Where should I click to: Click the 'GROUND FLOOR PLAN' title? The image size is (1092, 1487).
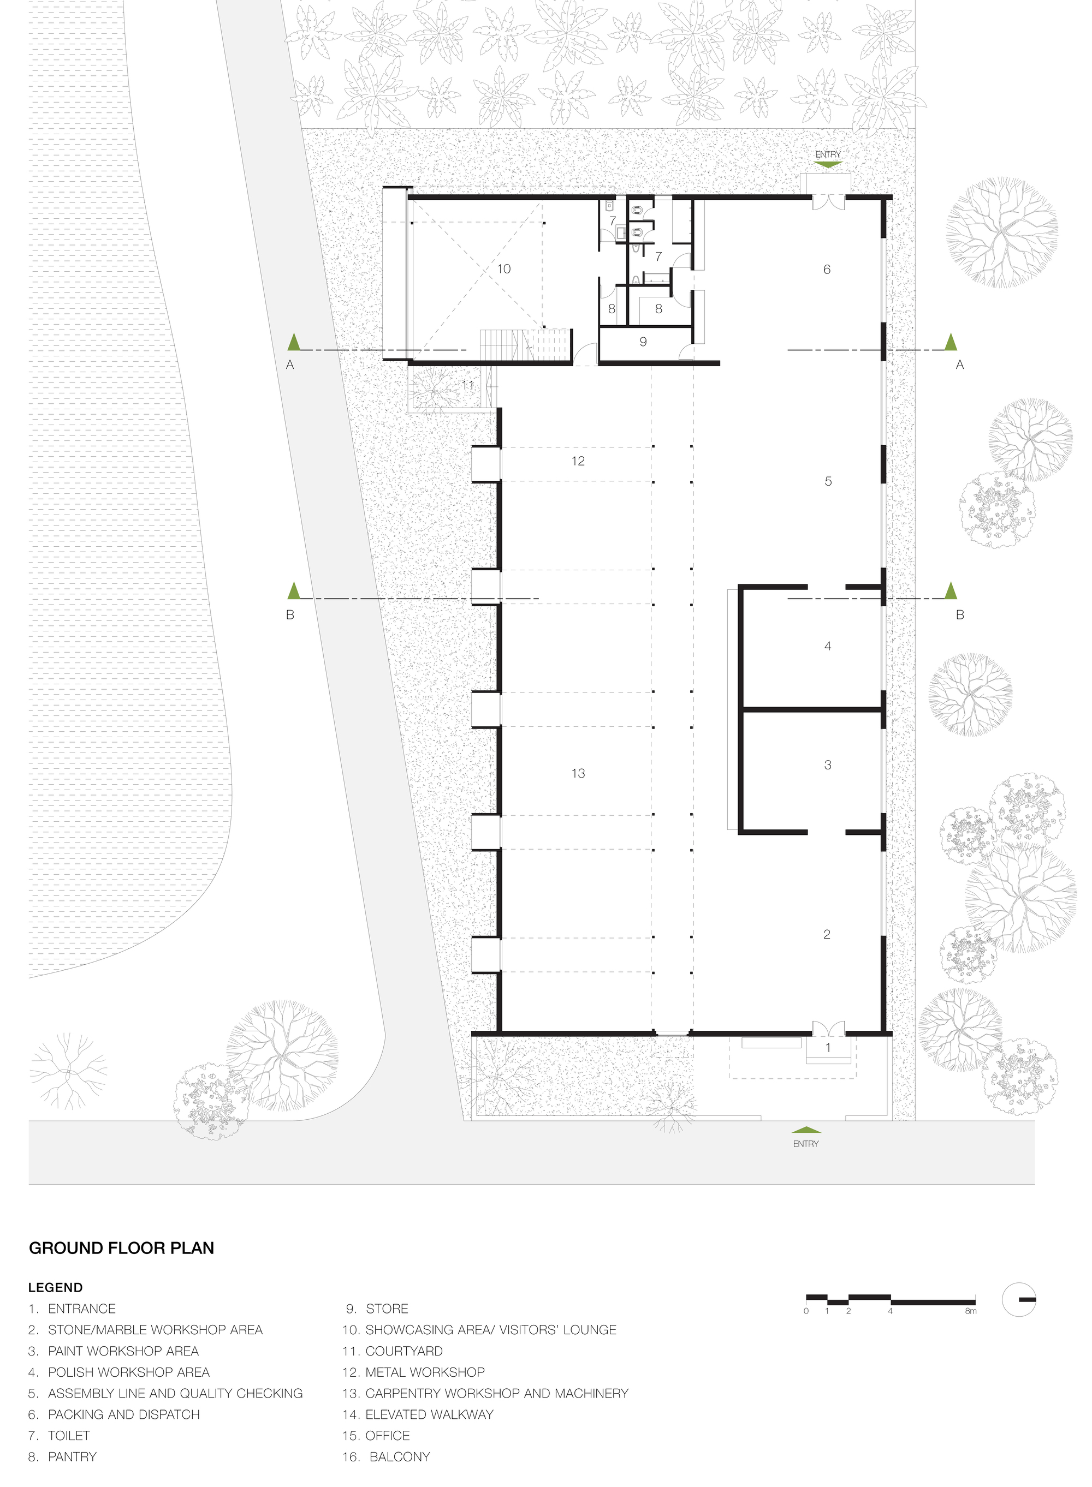(122, 1248)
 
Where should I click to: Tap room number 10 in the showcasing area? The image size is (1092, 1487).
(504, 269)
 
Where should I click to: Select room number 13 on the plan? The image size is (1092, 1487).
(578, 773)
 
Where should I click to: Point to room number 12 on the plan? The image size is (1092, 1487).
(578, 461)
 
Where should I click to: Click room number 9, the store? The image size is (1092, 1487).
(643, 342)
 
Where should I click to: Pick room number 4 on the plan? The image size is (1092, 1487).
(827, 646)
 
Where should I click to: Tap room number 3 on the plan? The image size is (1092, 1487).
(827, 765)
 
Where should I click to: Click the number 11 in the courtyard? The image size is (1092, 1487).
(468, 385)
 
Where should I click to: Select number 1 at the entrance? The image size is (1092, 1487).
(828, 1048)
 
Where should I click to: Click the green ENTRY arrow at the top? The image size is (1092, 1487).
(828, 164)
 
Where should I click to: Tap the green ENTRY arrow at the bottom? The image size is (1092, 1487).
(806, 1130)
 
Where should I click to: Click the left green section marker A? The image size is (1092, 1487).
(294, 342)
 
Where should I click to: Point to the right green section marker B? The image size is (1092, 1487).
(951, 590)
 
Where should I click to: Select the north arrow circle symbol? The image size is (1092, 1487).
(1019, 1300)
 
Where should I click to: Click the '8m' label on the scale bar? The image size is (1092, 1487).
(970, 1311)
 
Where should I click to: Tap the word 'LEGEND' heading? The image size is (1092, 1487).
(56, 1287)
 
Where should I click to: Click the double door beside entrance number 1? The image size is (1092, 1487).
(828, 1028)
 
